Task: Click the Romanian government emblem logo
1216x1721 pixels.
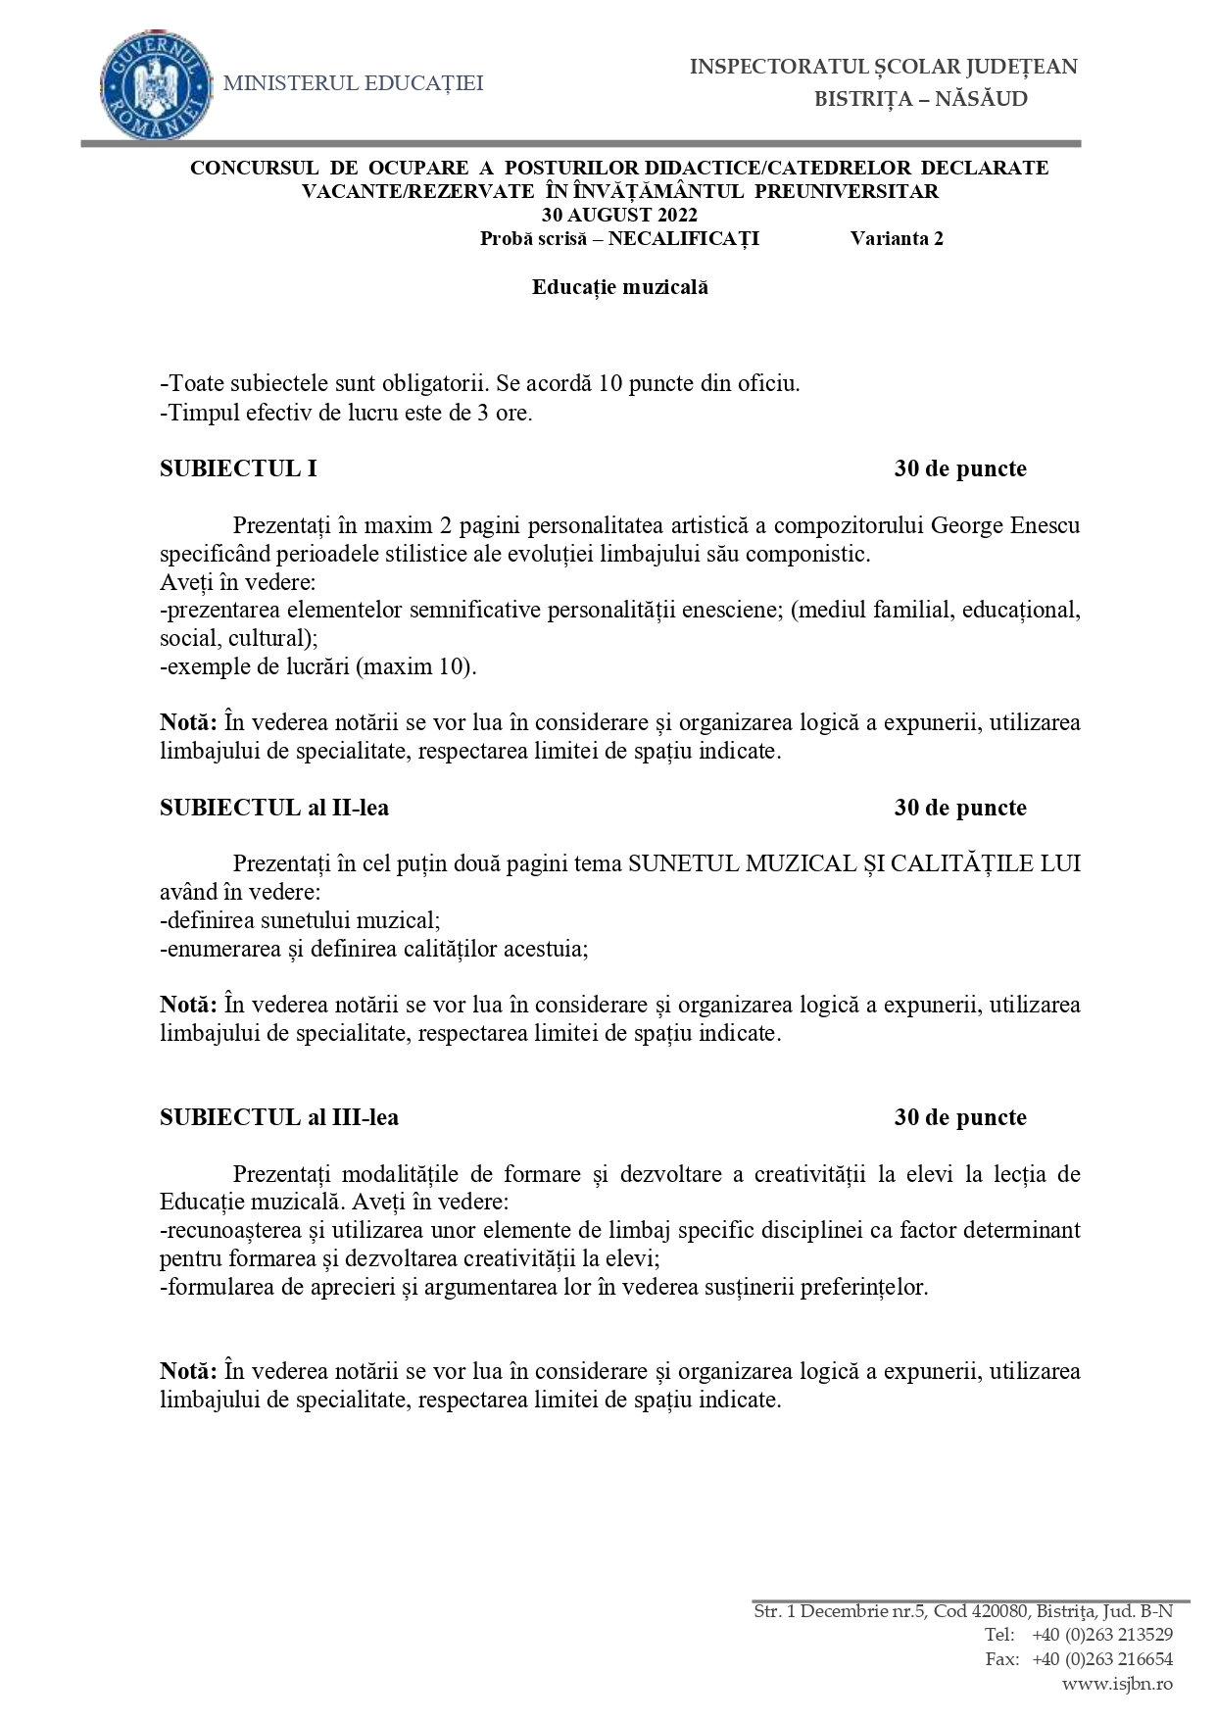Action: point(157,84)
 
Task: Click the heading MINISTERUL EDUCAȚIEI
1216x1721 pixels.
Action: point(354,84)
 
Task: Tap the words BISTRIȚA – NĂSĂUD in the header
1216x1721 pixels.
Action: point(921,99)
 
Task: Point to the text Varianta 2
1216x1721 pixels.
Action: point(897,238)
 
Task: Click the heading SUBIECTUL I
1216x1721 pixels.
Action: point(238,468)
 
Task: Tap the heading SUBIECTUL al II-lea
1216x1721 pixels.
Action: point(274,808)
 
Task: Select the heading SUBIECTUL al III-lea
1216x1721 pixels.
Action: point(279,1117)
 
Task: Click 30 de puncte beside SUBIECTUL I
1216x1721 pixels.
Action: point(960,468)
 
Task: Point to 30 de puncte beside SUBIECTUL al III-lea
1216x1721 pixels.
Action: point(960,1117)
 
